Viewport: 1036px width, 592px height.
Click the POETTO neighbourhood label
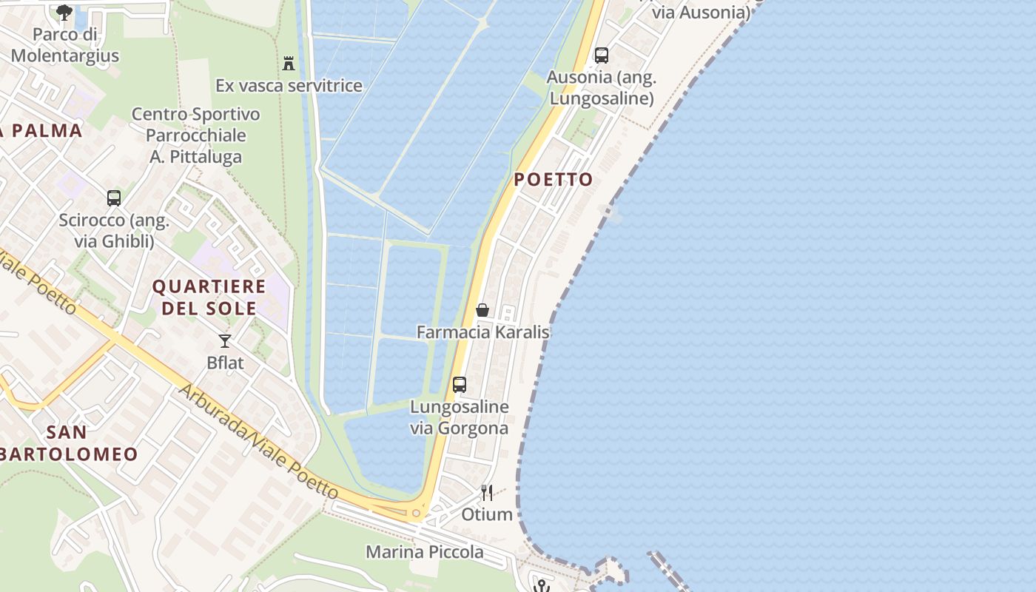pyautogui.click(x=554, y=179)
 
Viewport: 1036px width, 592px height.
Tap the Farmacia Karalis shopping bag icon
pyautogui.click(x=482, y=310)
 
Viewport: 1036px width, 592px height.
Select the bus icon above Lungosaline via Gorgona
pyautogui.click(x=460, y=385)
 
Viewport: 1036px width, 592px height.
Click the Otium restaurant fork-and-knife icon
pyautogui.click(x=487, y=492)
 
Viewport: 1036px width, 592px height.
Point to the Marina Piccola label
pyautogui.click(x=425, y=552)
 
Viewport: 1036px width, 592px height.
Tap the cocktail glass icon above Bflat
pyautogui.click(x=225, y=340)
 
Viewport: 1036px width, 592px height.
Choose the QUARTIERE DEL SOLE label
pyautogui.click(x=209, y=297)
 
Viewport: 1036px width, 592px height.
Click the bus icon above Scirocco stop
pyautogui.click(x=114, y=198)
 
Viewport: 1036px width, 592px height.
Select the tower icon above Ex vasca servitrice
pyautogui.click(x=289, y=64)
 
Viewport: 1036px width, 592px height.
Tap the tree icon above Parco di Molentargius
pyautogui.click(x=64, y=12)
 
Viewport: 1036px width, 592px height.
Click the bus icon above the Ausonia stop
pyautogui.click(x=602, y=55)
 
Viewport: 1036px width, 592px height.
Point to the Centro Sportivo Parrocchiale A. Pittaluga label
pyautogui.click(x=196, y=135)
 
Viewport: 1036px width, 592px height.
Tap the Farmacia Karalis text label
pyautogui.click(x=483, y=332)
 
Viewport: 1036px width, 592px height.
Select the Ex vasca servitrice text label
pyautogui.click(x=289, y=86)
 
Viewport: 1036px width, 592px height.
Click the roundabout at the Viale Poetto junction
pyautogui.click(x=417, y=513)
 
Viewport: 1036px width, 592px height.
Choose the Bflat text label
pyautogui.click(x=225, y=363)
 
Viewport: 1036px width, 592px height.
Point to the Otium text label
pyautogui.click(x=487, y=514)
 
